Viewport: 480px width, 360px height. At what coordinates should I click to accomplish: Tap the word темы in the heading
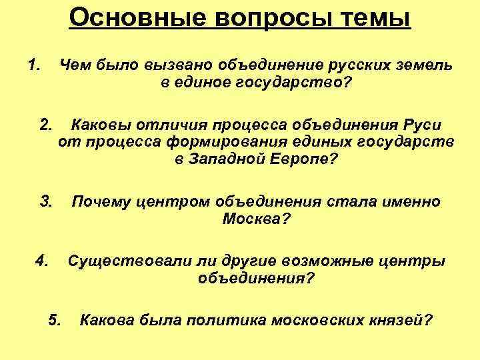376,17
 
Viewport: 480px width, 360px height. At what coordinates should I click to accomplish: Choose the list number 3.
46,201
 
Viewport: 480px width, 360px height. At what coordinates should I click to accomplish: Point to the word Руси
420,125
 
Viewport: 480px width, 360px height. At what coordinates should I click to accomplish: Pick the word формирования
239,142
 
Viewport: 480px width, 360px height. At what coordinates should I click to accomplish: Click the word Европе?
302,160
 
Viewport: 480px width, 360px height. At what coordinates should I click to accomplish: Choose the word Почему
101,201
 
